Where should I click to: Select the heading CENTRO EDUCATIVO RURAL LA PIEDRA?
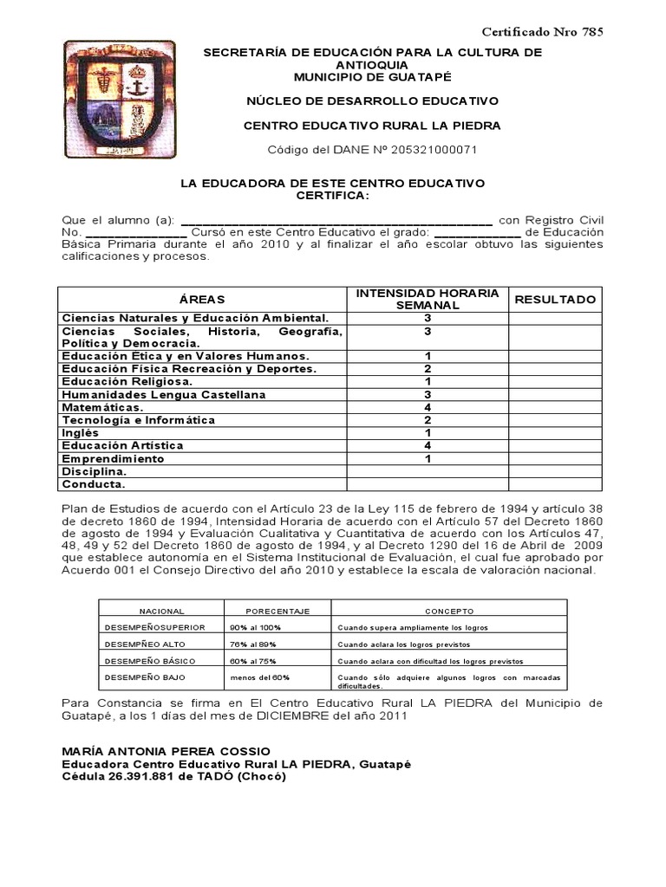(371, 126)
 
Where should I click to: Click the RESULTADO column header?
(556, 299)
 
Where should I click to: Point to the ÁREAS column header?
(202, 299)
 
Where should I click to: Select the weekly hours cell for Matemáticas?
(428, 407)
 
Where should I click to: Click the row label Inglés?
(81, 432)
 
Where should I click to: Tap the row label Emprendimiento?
(113, 458)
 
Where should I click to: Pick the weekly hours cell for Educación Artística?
(428, 445)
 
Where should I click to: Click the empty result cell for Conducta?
(556, 484)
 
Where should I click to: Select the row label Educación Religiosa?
(127, 381)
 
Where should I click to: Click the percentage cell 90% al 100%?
(255, 626)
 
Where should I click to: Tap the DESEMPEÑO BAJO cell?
(144, 677)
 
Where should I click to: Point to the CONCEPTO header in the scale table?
(449, 610)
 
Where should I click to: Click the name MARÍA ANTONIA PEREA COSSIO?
(166, 750)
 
